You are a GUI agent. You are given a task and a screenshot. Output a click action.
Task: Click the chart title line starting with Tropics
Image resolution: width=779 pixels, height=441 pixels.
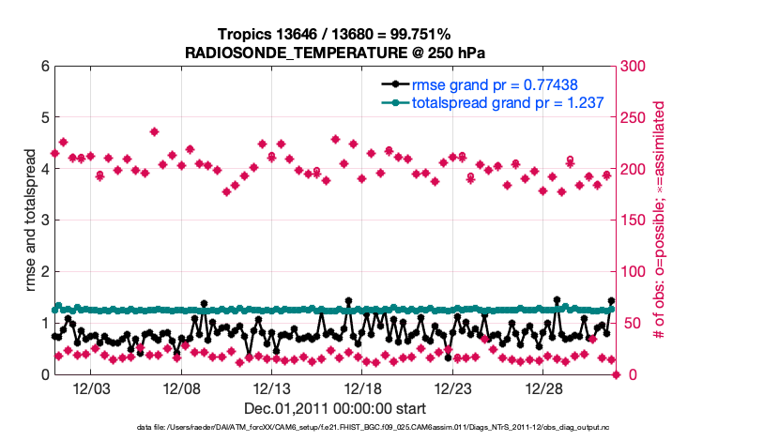click(x=335, y=34)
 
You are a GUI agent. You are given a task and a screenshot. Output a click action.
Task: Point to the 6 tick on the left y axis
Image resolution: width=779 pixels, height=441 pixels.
click(x=44, y=67)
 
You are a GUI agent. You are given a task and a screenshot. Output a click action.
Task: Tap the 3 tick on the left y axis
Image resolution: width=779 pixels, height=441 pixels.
click(x=44, y=220)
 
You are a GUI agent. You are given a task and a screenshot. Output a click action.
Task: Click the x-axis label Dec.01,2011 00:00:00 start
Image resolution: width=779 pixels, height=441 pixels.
click(x=335, y=409)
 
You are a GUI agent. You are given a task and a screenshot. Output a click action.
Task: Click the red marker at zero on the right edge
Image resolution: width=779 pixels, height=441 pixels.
click(x=617, y=374)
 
